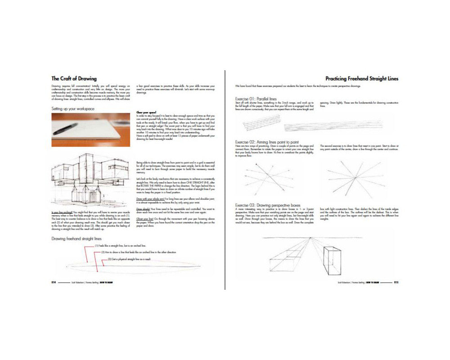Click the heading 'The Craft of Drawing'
(74, 78)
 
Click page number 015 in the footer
(396, 283)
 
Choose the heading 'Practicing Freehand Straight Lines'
(362, 78)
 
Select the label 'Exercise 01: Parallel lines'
(256, 99)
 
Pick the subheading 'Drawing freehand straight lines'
(76, 238)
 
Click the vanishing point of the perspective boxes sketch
(310, 237)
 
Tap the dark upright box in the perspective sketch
(333, 260)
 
